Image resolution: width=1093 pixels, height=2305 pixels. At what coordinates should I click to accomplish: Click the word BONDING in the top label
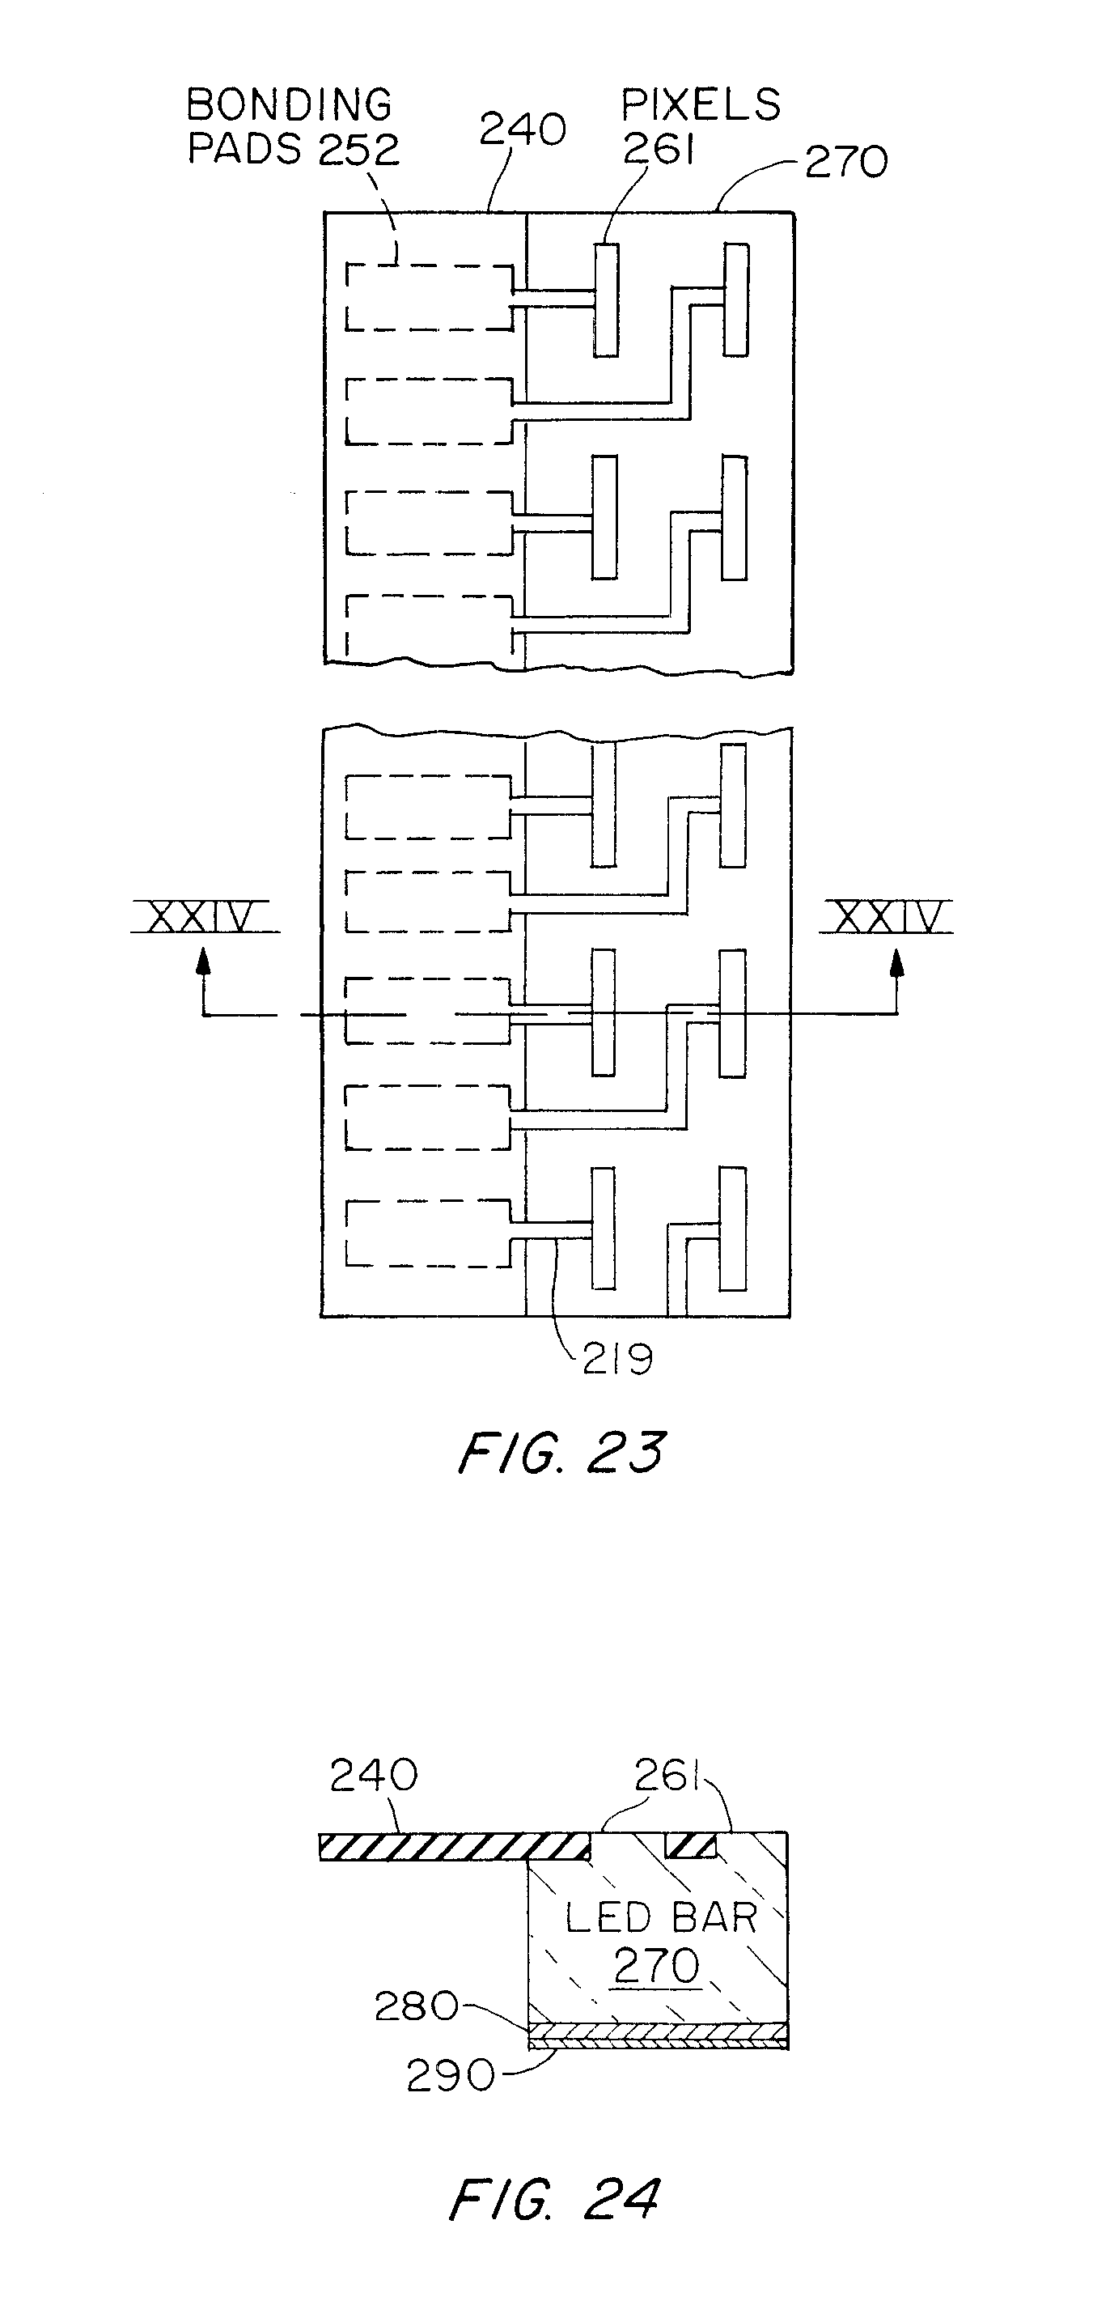tap(289, 105)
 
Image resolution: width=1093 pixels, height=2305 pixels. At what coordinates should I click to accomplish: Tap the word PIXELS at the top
tap(701, 105)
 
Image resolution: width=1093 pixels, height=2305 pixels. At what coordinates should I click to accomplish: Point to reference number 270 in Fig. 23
tap(845, 163)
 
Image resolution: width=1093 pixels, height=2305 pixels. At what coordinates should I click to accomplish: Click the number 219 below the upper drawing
tap(617, 1360)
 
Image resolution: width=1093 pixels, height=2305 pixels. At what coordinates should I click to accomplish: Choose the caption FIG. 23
tap(561, 1453)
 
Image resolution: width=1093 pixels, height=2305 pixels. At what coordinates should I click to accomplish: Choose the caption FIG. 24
tap(553, 2200)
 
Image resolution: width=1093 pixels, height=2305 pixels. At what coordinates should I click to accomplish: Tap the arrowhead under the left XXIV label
tap(204, 960)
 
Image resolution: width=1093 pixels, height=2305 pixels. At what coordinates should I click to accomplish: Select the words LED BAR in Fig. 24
tap(661, 1917)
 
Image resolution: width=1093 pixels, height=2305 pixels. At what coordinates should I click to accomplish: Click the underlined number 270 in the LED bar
tap(656, 1966)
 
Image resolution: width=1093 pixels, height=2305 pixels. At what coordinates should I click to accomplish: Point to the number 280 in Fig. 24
tap(416, 2006)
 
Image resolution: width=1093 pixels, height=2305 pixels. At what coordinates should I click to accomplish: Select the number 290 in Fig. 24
tap(450, 2076)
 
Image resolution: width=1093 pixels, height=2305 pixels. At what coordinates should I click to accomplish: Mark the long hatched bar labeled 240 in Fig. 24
tap(455, 1846)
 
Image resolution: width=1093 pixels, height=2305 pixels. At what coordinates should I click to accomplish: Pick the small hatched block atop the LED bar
tap(690, 1845)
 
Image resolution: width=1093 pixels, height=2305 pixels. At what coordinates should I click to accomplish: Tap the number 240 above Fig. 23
tap(523, 129)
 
